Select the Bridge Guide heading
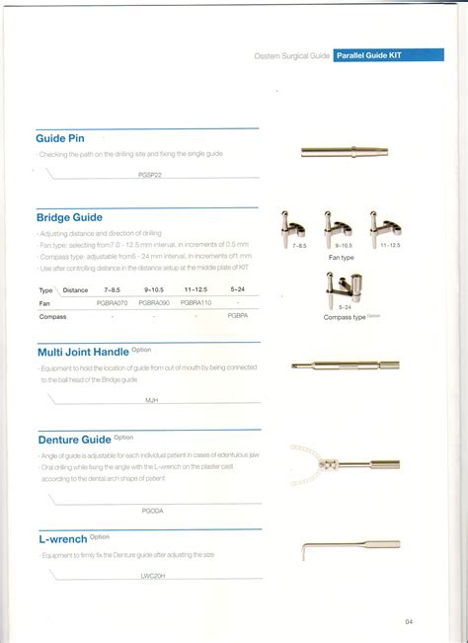click(x=70, y=217)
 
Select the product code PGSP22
click(x=152, y=173)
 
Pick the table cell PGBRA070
click(x=112, y=303)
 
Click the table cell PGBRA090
click(x=157, y=303)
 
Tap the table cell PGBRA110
click(x=198, y=303)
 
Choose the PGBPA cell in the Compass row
click(x=237, y=315)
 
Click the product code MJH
click(x=152, y=400)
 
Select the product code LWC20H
click(x=152, y=573)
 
